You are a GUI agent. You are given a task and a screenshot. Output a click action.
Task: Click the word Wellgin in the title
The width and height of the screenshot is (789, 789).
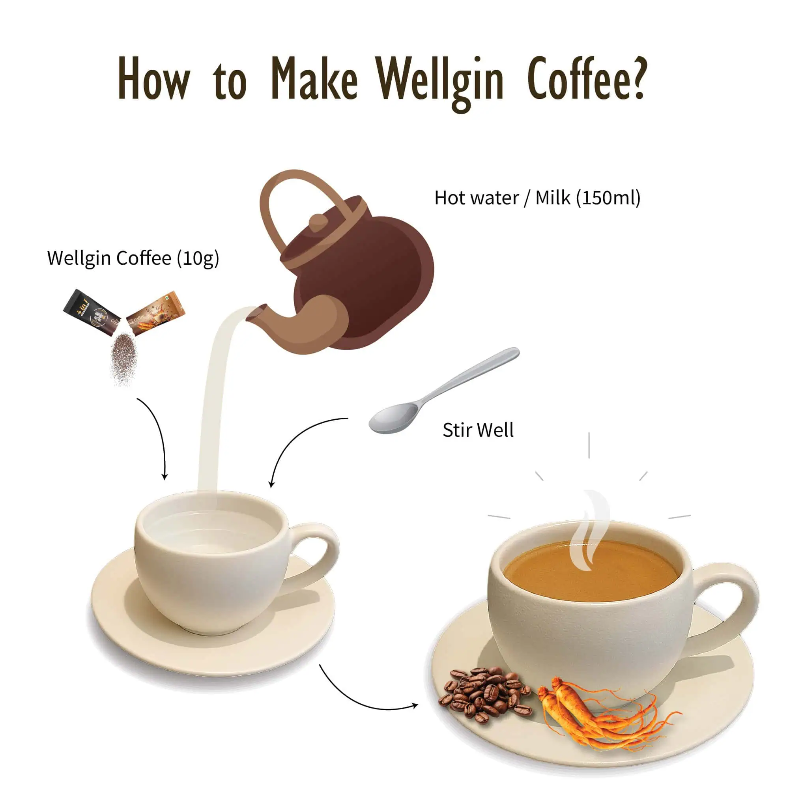[440, 80]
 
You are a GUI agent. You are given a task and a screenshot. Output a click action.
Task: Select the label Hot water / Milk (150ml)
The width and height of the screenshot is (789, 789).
[537, 198]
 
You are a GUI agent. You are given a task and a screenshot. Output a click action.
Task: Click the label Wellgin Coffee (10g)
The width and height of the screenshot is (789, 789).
[133, 258]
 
